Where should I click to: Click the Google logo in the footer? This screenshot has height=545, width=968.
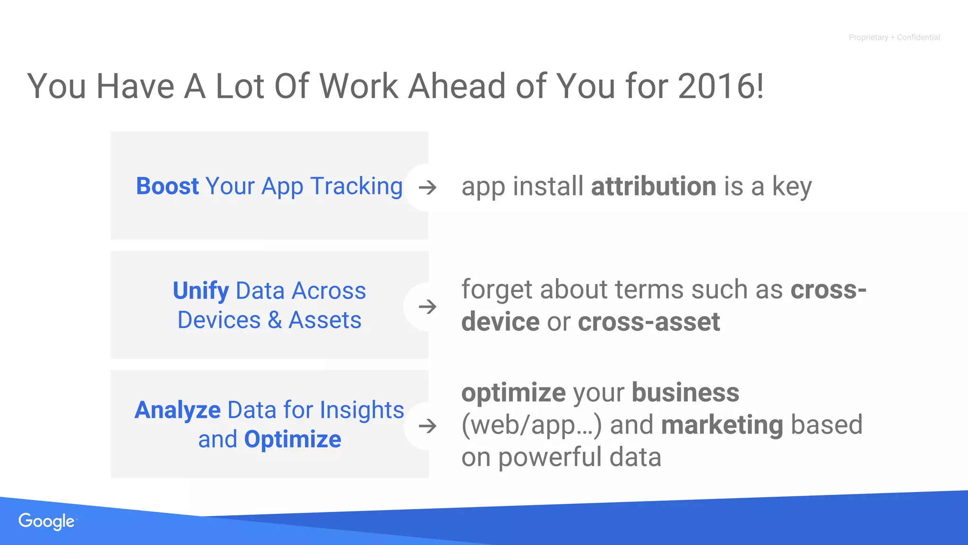(x=47, y=521)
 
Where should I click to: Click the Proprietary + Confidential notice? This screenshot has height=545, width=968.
(x=894, y=37)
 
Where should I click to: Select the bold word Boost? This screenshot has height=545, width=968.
(x=167, y=186)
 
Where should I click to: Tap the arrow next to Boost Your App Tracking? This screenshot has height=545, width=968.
(x=428, y=188)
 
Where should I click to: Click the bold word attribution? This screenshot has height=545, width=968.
(x=654, y=186)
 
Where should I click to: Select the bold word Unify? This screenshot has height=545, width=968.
(x=201, y=290)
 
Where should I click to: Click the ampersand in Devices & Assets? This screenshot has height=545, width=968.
(x=275, y=320)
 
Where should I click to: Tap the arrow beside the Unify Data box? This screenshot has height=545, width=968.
(x=428, y=307)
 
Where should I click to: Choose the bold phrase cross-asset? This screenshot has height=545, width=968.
(x=648, y=322)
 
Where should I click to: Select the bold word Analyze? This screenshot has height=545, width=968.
(x=178, y=410)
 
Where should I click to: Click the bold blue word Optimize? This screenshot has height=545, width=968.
(x=293, y=440)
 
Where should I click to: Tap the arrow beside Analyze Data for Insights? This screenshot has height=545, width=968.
(x=428, y=426)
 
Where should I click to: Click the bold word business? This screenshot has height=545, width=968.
(x=685, y=393)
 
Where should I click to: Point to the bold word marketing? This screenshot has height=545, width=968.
(x=722, y=425)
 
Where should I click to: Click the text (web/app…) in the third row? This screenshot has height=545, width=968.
(x=531, y=425)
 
